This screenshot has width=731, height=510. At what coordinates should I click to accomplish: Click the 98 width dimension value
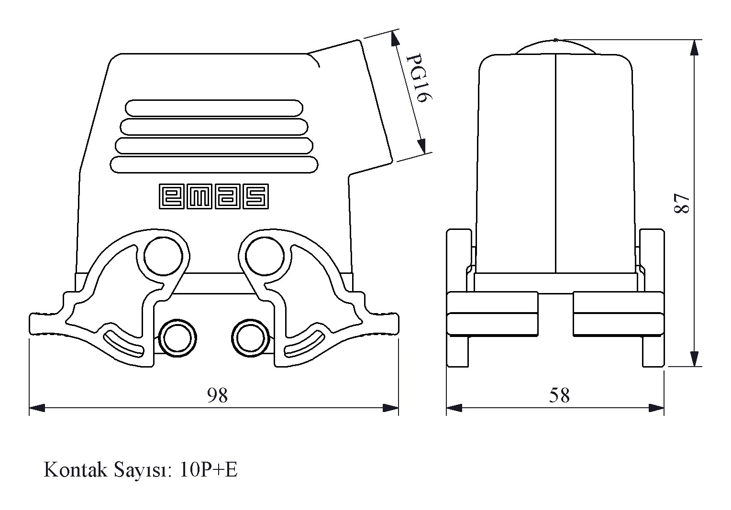[x=217, y=395]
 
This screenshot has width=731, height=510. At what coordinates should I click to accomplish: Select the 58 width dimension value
[x=559, y=395]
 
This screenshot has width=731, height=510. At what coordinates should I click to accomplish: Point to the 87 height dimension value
[x=681, y=203]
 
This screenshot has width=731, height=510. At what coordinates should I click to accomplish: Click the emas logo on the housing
[x=213, y=196]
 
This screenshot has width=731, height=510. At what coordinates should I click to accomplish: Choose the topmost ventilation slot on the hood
[x=213, y=108]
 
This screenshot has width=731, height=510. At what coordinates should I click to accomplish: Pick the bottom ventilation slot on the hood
[x=213, y=164]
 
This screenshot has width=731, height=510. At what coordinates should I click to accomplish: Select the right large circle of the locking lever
[x=264, y=256]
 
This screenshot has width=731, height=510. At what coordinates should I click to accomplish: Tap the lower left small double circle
[x=177, y=337]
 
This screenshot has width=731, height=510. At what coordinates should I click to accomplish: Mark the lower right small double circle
[x=249, y=337]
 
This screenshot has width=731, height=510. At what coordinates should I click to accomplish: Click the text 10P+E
[x=209, y=470]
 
